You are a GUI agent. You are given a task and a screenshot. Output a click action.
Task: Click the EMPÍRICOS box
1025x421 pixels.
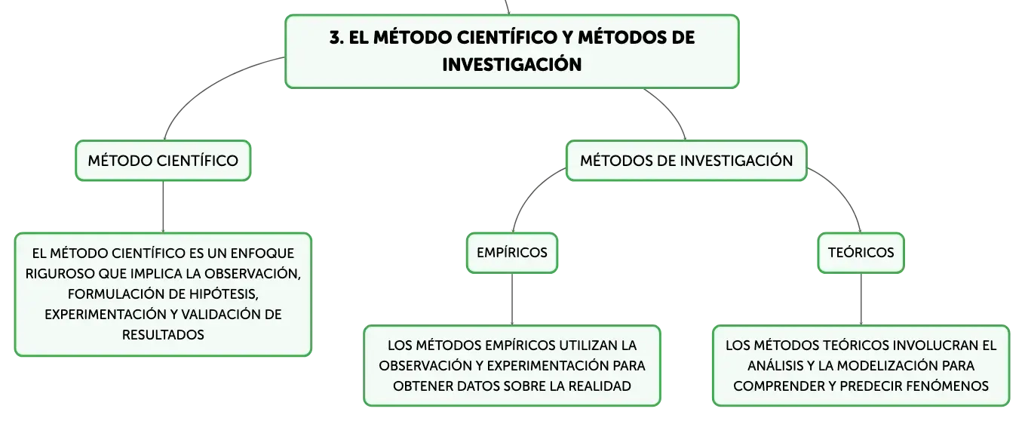click(x=512, y=253)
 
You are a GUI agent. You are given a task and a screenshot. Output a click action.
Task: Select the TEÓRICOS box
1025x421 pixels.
click(x=861, y=253)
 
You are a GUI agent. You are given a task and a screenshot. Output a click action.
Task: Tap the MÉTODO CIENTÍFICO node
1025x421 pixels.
click(x=163, y=161)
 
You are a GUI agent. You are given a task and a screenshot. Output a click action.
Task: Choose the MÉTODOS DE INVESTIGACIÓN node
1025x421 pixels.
click(x=686, y=161)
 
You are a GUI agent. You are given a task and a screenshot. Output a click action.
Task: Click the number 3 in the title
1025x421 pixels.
click(x=336, y=38)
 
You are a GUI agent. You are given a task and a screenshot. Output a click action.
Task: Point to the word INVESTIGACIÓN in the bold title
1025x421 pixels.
click(x=511, y=65)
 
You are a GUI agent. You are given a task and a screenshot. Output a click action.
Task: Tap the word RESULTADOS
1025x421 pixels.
click(x=163, y=335)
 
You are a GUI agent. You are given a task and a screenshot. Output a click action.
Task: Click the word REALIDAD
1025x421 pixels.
click(x=600, y=386)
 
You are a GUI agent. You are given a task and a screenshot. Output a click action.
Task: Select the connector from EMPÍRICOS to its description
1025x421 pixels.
click(x=512, y=300)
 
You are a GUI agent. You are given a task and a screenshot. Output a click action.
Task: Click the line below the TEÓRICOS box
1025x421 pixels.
click(x=861, y=300)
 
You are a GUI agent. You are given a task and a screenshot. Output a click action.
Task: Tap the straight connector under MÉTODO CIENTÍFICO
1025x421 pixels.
click(x=163, y=207)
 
